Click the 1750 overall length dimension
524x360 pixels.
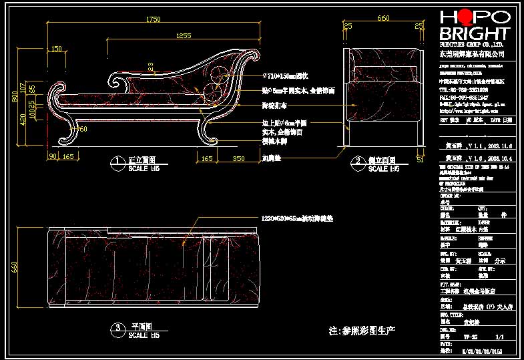click(154, 19)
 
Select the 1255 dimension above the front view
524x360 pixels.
click(184, 35)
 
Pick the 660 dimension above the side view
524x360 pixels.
click(383, 19)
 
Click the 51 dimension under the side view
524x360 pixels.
click(420, 159)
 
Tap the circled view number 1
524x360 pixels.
click(117, 162)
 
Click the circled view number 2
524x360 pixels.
click(358, 162)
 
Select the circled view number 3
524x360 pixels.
click(118, 329)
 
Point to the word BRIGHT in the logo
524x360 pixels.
click(475, 35)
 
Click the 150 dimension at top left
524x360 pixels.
click(56, 49)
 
